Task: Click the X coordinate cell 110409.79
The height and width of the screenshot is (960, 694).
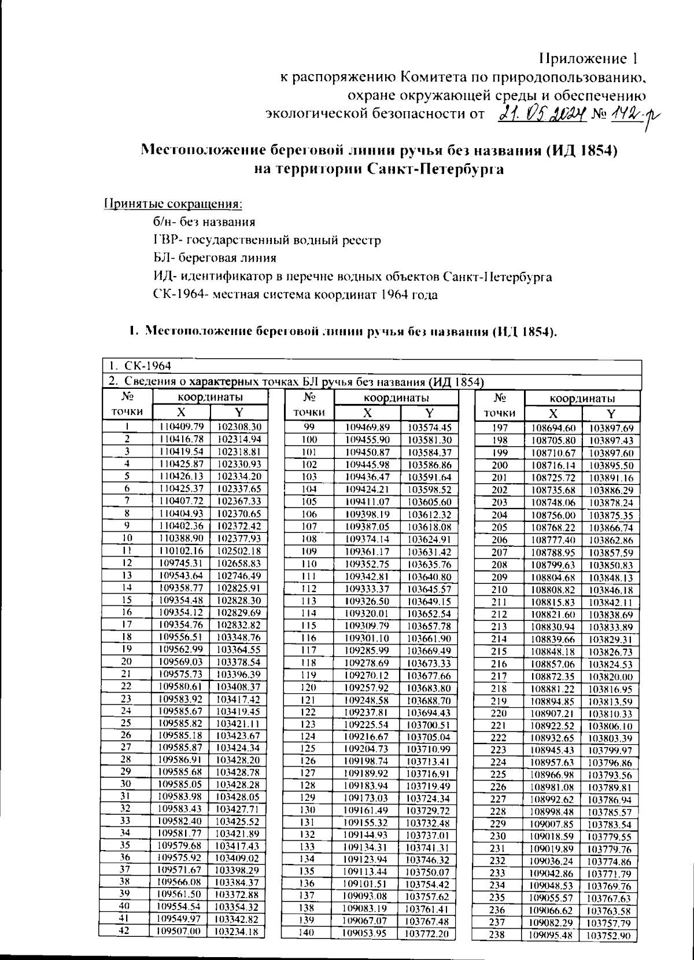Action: point(182,426)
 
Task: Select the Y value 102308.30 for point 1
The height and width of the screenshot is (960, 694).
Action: point(239,426)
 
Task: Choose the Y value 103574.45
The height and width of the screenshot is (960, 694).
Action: point(429,427)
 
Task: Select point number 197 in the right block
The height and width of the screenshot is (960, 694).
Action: point(499,428)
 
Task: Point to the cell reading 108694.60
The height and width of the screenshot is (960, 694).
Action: point(553,428)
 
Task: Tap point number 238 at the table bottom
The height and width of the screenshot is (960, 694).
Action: point(497,935)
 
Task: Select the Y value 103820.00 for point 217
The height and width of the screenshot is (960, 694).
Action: point(611,676)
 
